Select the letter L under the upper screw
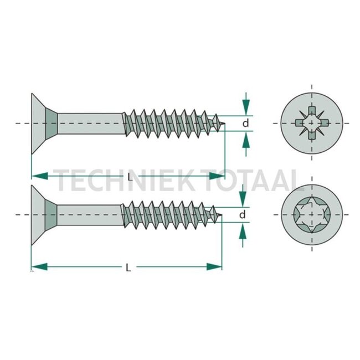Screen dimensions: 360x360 coord(128,177)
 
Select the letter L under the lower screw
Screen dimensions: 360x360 coord(128,267)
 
